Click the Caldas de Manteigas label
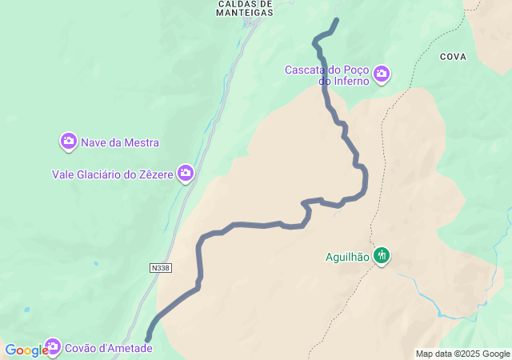[245, 8]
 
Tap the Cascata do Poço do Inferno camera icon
[382, 74]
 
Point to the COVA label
[453, 57]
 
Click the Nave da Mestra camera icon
[69, 142]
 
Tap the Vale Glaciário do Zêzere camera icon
[186, 172]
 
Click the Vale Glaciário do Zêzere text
[113, 174]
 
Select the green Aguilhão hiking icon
[382, 255]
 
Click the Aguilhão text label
[347, 257]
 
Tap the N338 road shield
[160, 268]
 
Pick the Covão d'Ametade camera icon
[53, 346]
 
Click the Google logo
[26, 350]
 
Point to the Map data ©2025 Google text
[462, 354]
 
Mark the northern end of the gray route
[336, 20]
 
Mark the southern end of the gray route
[148, 339]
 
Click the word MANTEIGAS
[245, 13]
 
